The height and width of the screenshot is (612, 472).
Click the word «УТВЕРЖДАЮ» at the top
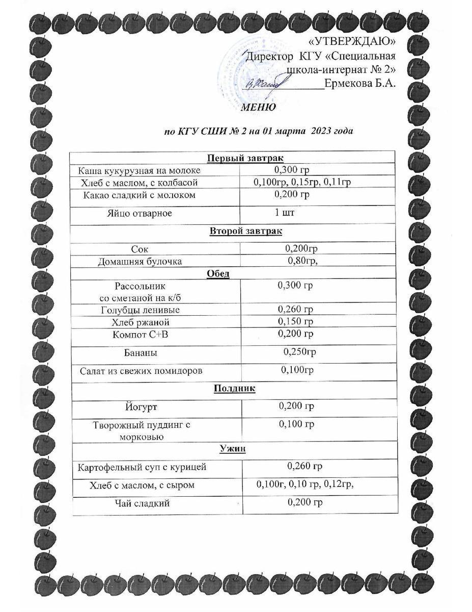353,41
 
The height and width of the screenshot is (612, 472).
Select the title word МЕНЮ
258,108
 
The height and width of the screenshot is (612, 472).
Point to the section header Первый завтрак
246,158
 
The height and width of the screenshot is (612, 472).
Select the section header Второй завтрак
246,231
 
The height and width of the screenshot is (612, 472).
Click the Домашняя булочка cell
140,262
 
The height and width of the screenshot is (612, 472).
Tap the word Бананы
141,352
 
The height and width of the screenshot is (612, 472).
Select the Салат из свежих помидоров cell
141,371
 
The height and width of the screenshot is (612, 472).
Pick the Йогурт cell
141,407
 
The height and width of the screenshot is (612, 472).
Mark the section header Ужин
232,448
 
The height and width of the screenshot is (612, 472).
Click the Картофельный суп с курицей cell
142,467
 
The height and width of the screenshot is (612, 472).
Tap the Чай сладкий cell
141,504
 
